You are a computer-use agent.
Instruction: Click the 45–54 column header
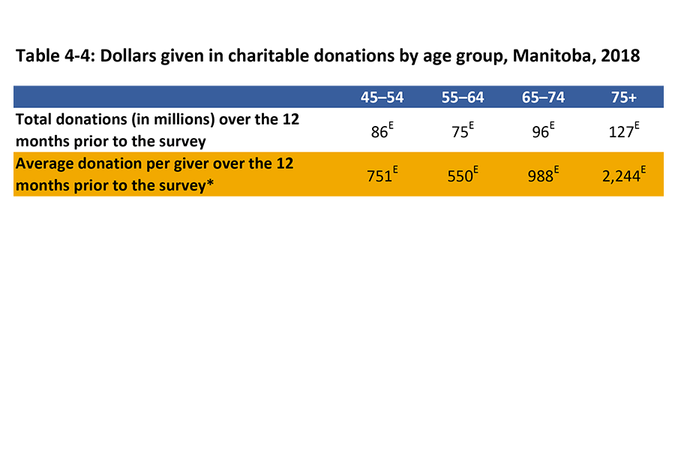pos(381,97)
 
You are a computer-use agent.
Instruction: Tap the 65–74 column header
pos(544,97)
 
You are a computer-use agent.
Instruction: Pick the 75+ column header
pos(626,97)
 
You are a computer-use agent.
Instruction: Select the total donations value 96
pos(541,131)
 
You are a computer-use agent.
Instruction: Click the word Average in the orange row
pos(43,163)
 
